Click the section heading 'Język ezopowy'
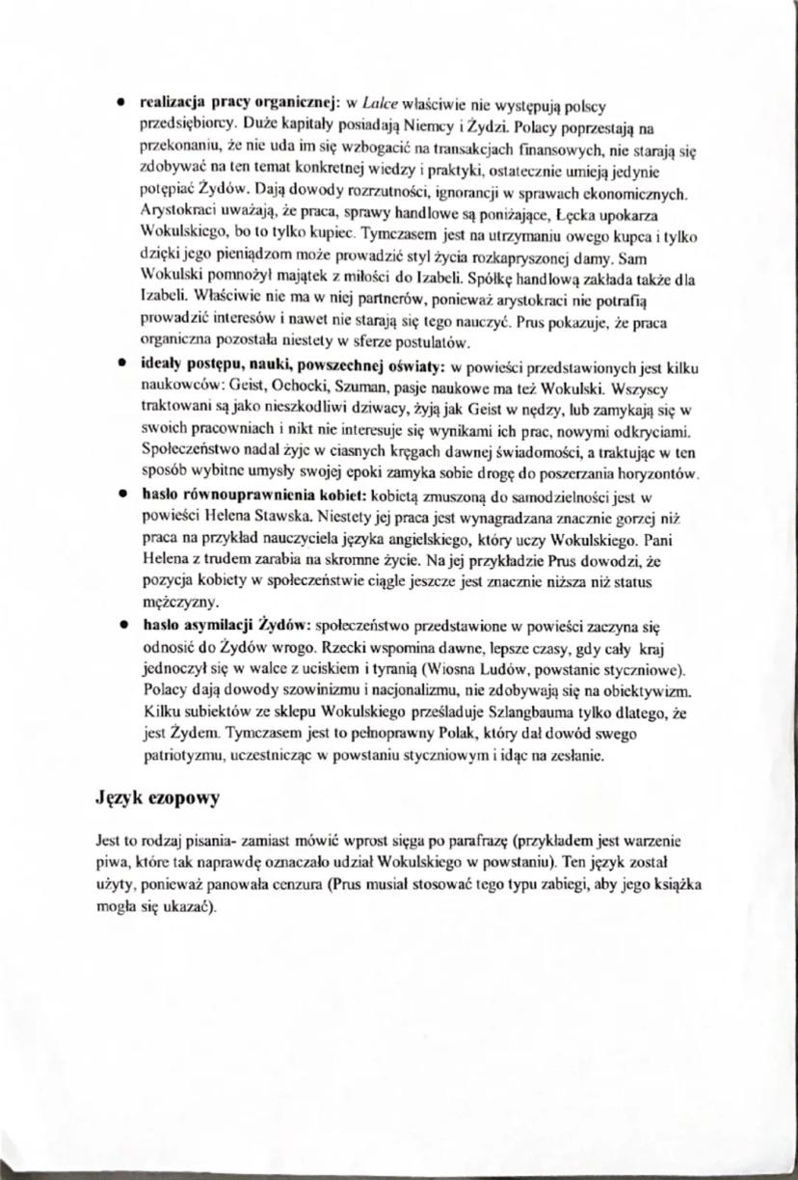tap(159, 798)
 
